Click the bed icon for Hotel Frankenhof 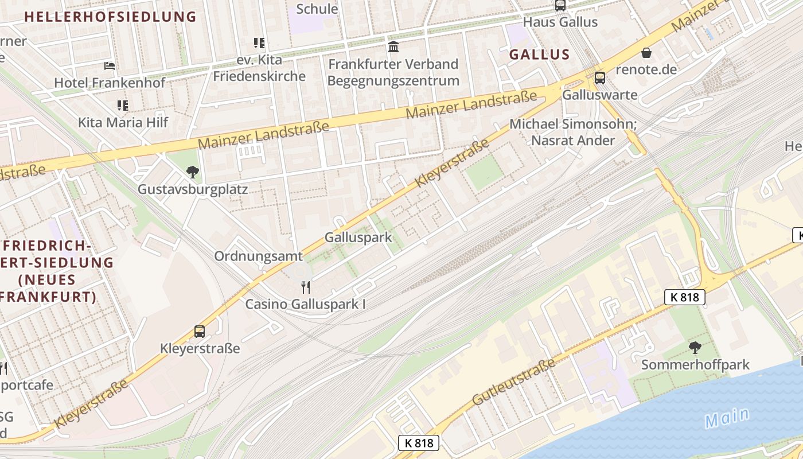[110, 66]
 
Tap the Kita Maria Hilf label [123, 122]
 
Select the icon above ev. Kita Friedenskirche [259, 43]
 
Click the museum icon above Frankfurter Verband [393, 46]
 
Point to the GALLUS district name [539, 55]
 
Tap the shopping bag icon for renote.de [646, 53]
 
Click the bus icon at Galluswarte [600, 77]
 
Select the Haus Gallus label [560, 22]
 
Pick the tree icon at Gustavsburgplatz [193, 172]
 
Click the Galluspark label [358, 237]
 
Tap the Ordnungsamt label [258, 256]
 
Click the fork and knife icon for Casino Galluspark [306, 287]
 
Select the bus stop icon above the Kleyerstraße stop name [200, 332]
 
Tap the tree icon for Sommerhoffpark [695, 347]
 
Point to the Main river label [727, 418]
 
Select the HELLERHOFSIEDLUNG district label [111, 17]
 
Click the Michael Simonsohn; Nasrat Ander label [573, 132]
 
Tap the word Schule [317, 9]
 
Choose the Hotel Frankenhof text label [110, 83]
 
